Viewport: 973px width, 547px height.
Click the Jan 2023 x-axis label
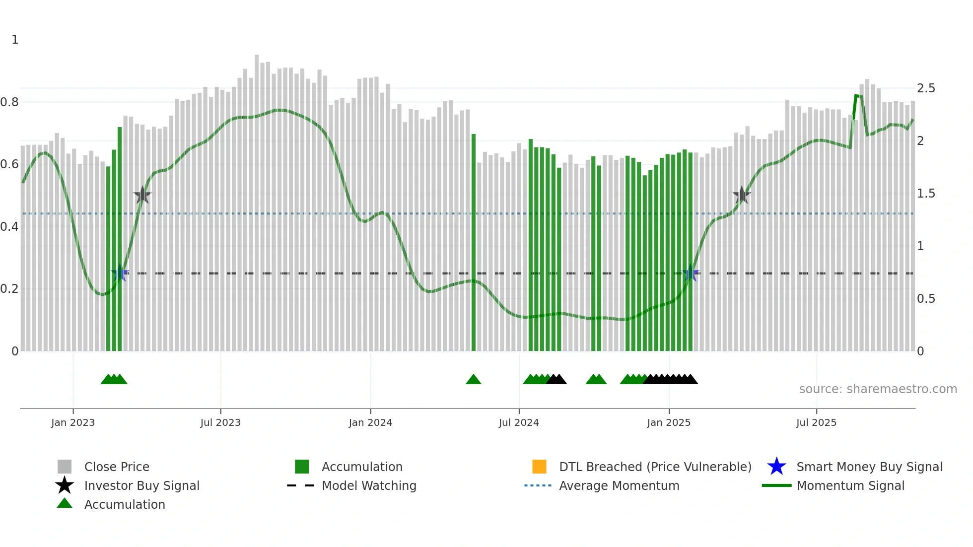click(x=73, y=422)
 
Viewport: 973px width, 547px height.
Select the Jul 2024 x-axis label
click(x=519, y=422)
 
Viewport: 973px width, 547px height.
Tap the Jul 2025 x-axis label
click(x=816, y=422)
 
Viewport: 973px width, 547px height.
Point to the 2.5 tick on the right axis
click(x=926, y=88)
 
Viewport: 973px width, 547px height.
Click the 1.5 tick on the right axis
click(x=926, y=194)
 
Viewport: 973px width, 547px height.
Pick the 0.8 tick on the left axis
click(x=9, y=102)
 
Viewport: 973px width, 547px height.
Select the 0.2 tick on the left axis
click(x=9, y=289)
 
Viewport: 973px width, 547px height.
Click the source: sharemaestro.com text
click(x=878, y=389)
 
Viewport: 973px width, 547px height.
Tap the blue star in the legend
click(x=776, y=467)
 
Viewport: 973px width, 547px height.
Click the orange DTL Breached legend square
click(x=539, y=467)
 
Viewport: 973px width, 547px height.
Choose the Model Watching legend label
click(x=369, y=485)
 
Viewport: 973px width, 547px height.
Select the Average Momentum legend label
click(x=619, y=485)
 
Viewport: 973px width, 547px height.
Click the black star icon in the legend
click(x=65, y=485)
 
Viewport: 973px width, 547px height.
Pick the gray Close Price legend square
click(x=65, y=467)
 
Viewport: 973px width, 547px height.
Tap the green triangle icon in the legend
click(x=65, y=503)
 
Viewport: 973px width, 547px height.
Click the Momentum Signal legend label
click(x=850, y=485)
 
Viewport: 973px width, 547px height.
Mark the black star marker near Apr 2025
click(x=742, y=196)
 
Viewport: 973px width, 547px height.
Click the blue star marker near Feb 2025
click(x=690, y=273)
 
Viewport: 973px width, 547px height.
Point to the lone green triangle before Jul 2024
click(x=474, y=380)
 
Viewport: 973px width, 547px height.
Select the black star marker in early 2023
click(x=142, y=196)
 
